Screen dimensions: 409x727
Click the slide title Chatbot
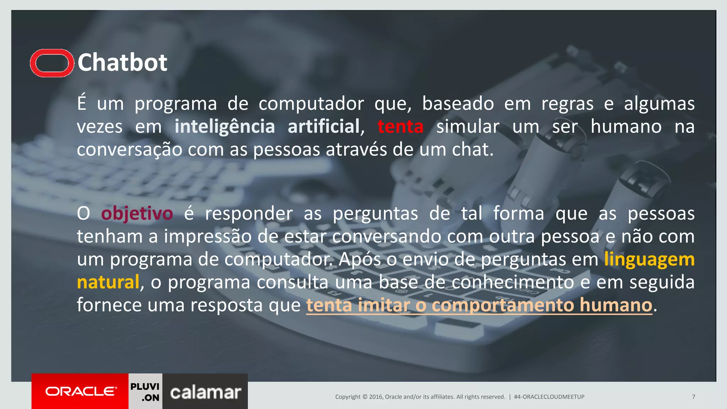click(122, 63)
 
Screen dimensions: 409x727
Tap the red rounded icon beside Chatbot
click(52, 63)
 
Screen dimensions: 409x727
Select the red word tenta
click(400, 127)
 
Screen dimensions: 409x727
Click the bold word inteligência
click(225, 127)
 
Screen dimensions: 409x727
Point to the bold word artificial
click(324, 127)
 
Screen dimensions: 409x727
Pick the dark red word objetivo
click(137, 214)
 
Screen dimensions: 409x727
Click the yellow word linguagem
click(649, 260)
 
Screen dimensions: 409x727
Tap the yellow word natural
click(108, 282)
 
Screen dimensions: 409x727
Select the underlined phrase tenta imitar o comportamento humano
click(479, 305)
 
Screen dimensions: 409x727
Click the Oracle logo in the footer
click(80, 391)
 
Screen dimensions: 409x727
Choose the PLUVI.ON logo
click(145, 392)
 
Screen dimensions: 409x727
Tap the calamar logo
click(205, 392)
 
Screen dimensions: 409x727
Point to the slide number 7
click(693, 397)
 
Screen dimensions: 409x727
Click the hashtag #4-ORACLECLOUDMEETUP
click(549, 397)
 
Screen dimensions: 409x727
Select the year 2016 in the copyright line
click(376, 397)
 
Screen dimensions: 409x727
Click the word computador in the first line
click(311, 104)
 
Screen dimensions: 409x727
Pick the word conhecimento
click(513, 282)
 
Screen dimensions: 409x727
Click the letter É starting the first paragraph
click(82, 103)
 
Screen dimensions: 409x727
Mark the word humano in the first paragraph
click(626, 127)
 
